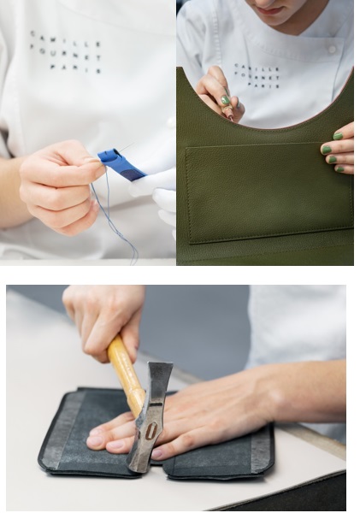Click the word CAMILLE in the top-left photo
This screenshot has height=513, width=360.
tap(65, 38)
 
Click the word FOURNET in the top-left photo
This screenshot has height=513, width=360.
tap(66, 51)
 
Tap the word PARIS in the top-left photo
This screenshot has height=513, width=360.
tap(75, 68)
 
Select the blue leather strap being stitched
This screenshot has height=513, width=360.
tap(121, 164)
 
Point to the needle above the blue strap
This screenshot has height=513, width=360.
tap(125, 147)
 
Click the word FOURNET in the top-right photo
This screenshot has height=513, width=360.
tap(257, 78)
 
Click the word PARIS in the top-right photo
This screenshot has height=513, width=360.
tap(263, 85)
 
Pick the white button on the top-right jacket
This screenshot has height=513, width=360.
tap(332, 50)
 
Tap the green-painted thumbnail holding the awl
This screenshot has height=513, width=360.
tap(225, 100)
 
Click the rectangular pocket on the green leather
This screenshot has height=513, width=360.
tap(269, 193)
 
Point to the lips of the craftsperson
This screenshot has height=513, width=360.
tap(269, 9)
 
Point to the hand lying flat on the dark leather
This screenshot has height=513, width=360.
tap(197, 416)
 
